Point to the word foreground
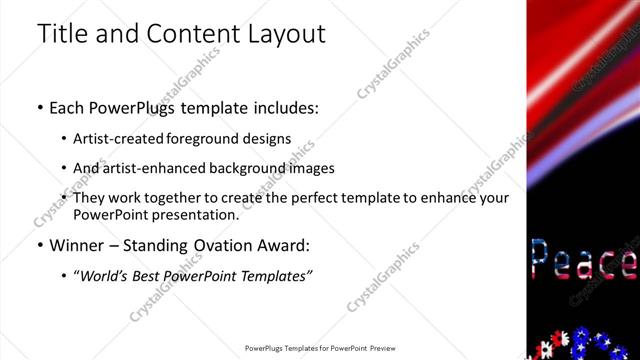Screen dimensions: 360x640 [x=216, y=138]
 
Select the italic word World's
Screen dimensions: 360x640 [x=107, y=275]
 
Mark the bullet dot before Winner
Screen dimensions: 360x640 [x=39, y=245]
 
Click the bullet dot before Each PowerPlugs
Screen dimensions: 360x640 [x=39, y=105]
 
